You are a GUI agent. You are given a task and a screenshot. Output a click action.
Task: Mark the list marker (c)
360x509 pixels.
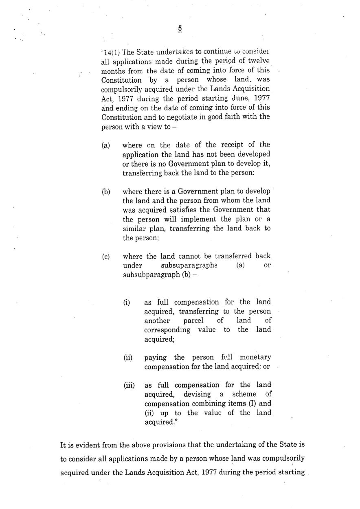[106, 257]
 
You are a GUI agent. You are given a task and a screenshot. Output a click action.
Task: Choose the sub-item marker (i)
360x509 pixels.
[127, 303]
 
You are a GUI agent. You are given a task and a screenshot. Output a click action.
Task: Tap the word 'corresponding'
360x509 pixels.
[167, 329]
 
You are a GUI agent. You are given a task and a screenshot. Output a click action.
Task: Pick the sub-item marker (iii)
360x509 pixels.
[129, 385]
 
